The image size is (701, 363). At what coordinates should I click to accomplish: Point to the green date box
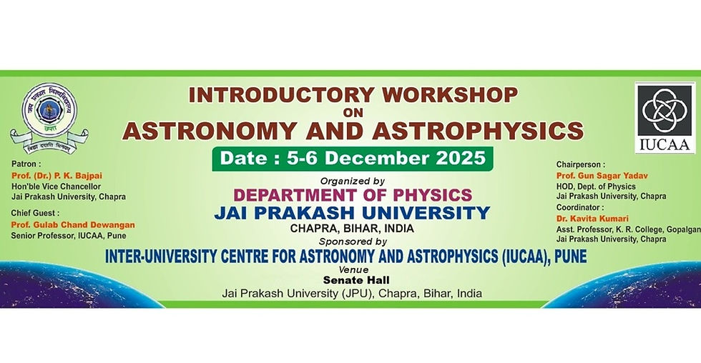[352, 157]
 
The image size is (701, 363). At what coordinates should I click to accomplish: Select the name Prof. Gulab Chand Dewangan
[73, 224]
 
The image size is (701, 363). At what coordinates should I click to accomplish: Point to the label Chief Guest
[35, 213]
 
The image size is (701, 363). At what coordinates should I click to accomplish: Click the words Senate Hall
[351, 282]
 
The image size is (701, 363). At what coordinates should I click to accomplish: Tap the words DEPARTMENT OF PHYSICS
[352, 194]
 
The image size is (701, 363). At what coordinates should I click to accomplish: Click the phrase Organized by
[353, 180]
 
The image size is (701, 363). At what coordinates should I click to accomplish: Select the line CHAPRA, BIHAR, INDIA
[352, 229]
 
